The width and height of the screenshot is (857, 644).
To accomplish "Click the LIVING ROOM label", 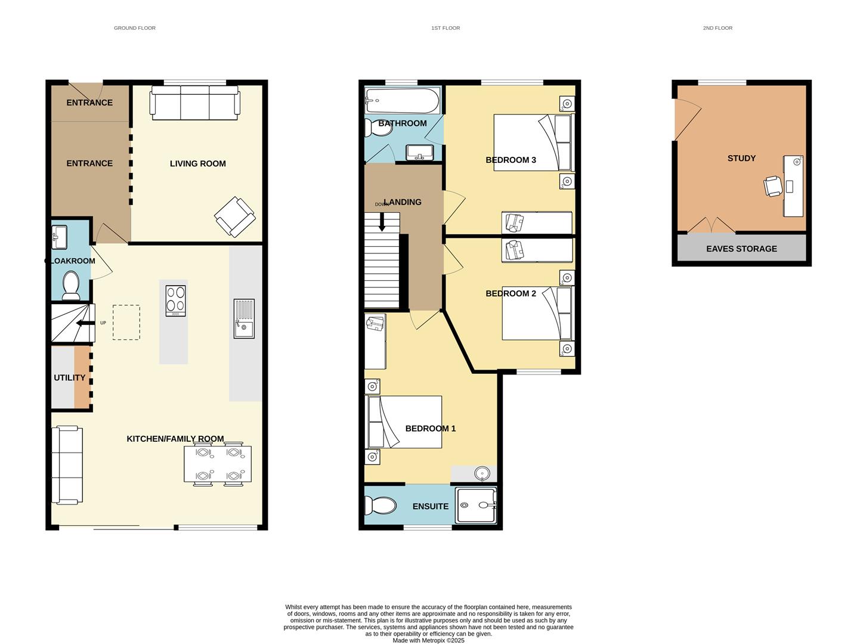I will [x=197, y=163].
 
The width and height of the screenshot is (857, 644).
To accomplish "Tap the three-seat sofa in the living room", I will [x=196, y=103].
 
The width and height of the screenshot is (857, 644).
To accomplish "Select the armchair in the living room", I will [x=234, y=216].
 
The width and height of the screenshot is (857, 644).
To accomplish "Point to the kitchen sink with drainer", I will [x=243, y=318].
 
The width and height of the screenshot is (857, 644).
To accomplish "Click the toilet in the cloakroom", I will [x=71, y=285].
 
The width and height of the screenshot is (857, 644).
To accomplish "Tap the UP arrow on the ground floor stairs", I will [x=85, y=323].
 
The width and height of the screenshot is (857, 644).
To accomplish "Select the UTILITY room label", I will [x=70, y=377].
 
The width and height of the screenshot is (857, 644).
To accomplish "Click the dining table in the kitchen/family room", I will [x=218, y=464].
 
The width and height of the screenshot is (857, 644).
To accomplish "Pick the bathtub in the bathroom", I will [x=402, y=101].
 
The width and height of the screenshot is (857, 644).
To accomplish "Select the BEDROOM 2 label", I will [x=511, y=293].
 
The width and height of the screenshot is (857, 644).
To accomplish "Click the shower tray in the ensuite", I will [x=475, y=506].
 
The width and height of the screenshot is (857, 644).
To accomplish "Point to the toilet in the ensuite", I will [x=381, y=506].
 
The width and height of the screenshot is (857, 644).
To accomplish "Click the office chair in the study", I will [x=772, y=186].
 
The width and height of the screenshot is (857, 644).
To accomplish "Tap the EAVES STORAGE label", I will [x=741, y=249].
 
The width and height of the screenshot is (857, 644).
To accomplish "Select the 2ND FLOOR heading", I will [x=717, y=28].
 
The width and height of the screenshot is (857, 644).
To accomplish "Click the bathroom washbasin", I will [x=422, y=153].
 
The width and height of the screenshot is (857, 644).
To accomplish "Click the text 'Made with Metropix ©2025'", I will [x=428, y=640].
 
